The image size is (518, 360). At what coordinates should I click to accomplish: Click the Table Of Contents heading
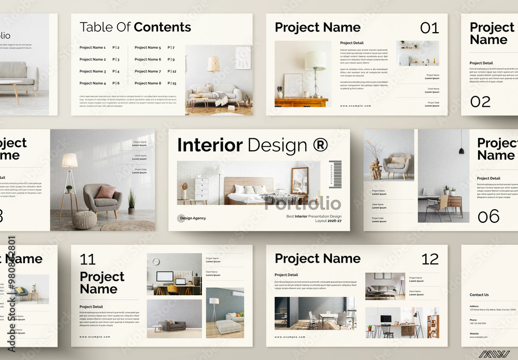coord(135,27)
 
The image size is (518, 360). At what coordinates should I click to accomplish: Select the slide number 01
coord(429,28)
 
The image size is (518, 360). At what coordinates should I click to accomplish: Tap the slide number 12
coord(430,259)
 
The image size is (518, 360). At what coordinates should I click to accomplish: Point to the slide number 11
coord(88,259)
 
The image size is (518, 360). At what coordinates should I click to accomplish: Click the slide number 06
coord(488,216)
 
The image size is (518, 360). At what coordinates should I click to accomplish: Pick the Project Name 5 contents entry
coord(148,48)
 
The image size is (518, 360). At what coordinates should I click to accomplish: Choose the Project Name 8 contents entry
coord(148,83)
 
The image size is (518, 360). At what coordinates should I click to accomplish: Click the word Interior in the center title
coord(210,145)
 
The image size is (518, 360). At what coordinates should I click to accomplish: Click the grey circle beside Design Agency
coord(181,218)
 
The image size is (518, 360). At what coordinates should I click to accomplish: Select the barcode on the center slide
coord(335,175)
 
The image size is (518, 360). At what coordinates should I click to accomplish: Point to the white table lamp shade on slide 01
coord(315,61)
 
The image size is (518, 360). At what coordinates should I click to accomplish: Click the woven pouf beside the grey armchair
coord(84,220)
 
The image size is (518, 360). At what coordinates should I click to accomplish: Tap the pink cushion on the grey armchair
coord(106,192)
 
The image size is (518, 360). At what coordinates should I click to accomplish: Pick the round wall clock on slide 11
coord(156,262)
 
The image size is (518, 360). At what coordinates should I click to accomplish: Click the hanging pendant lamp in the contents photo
coord(213,64)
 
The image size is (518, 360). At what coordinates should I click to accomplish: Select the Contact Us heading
coord(479,295)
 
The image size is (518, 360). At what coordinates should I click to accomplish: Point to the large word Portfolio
coord(303,204)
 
